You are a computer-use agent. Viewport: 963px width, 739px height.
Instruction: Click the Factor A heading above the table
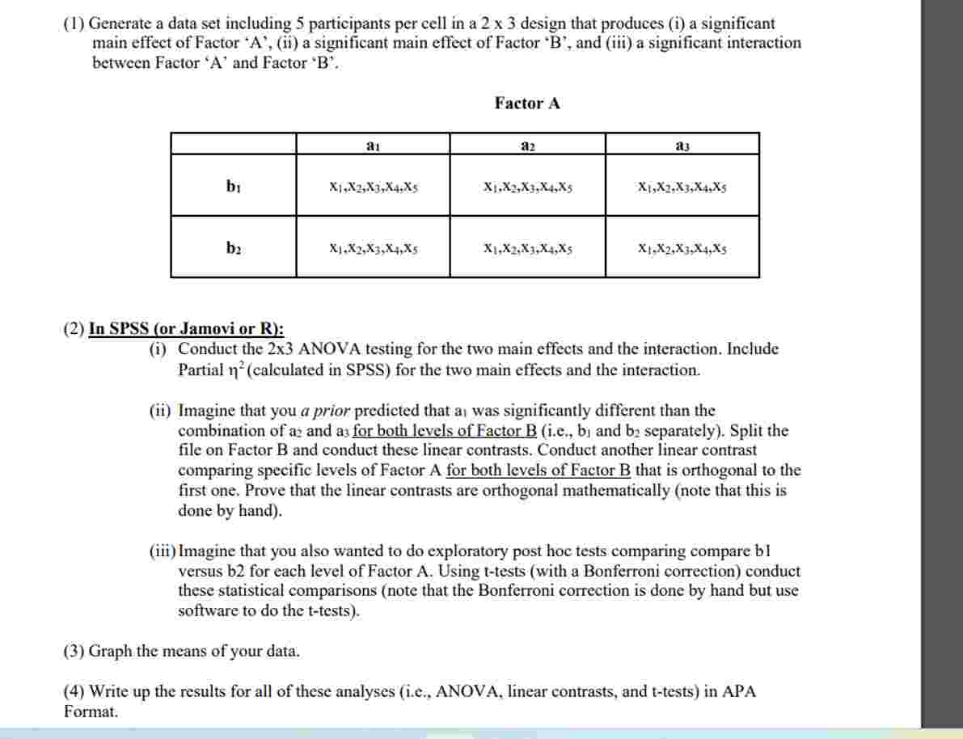coord(527,103)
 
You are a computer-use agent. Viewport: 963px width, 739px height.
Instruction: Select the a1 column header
coord(373,146)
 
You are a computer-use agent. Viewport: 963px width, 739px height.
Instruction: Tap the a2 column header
coord(527,146)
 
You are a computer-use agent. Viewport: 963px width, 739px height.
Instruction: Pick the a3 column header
coord(682,146)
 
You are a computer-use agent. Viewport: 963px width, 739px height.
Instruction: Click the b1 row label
coord(233,187)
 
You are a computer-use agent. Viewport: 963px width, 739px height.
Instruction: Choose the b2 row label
coord(233,248)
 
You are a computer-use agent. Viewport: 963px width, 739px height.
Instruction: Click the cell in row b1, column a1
coord(374,187)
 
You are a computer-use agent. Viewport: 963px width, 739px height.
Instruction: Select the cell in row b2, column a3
coord(682,248)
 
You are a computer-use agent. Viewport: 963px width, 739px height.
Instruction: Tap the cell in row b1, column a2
coord(527,187)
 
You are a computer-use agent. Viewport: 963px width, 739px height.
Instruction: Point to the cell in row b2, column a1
coord(374,248)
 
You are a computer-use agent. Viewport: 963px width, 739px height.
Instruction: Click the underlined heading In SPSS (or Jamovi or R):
coord(186,329)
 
